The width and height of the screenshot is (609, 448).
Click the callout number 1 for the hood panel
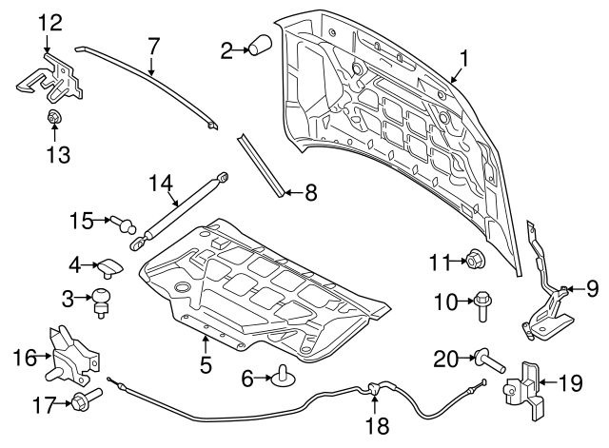(463, 59)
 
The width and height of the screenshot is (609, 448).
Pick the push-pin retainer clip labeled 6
(281, 379)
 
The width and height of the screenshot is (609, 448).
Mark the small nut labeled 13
(54, 120)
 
